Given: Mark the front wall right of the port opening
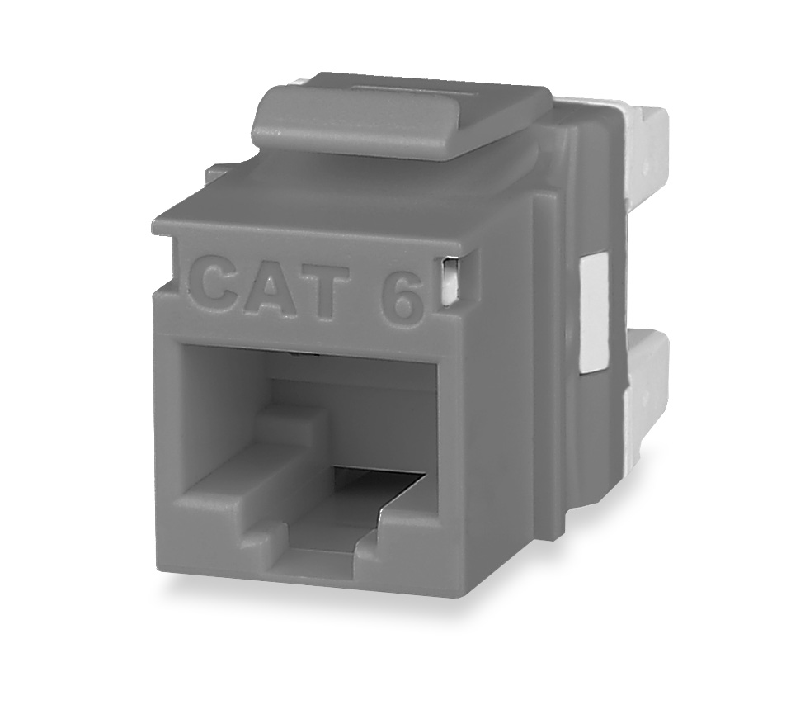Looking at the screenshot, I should (462, 462).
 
